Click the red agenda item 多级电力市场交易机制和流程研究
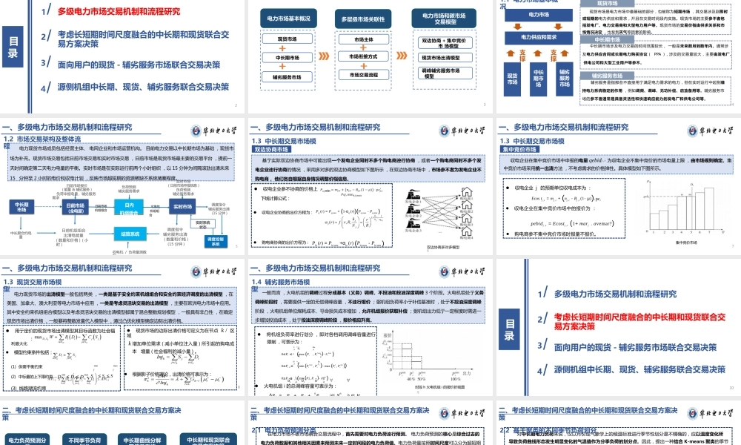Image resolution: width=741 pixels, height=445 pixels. (x=119, y=12)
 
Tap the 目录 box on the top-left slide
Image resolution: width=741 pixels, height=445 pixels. (x=13, y=48)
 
